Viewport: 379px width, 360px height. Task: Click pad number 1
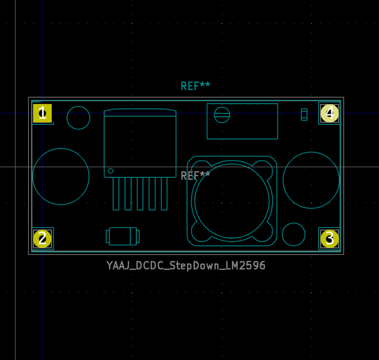pyautogui.click(x=42, y=114)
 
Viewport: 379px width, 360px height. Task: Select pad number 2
pyautogui.click(x=42, y=238)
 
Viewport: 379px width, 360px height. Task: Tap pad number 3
pyautogui.click(x=329, y=238)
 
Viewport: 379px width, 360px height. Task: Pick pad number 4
pyautogui.click(x=329, y=114)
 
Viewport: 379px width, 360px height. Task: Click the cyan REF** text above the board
pyautogui.click(x=195, y=86)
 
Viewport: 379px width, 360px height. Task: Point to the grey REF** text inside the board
pyautogui.click(x=195, y=176)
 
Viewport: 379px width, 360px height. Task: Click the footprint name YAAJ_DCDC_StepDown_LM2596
pyautogui.click(x=186, y=265)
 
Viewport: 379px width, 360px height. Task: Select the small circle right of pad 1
pyautogui.click(x=78, y=118)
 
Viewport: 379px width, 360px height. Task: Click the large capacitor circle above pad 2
pyautogui.click(x=61, y=176)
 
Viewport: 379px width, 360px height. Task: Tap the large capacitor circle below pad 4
pyautogui.click(x=311, y=180)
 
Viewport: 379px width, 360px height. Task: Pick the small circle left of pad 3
pyautogui.click(x=293, y=235)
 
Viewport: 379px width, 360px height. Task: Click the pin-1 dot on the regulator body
pyautogui.click(x=110, y=171)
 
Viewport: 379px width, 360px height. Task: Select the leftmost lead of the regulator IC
pyautogui.click(x=116, y=193)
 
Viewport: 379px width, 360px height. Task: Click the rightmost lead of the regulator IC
pyautogui.click(x=164, y=193)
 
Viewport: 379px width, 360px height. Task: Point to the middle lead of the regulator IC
pyautogui.click(x=140, y=193)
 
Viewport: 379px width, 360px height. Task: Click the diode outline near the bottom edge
pyautogui.click(x=122, y=236)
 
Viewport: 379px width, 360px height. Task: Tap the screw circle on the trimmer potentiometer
pyautogui.click(x=222, y=115)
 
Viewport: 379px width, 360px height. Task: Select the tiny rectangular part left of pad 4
pyautogui.click(x=304, y=115)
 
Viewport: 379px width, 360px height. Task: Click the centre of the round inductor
pyautogui.click(x=231, y=201)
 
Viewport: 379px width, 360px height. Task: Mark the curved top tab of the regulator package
pyautogui.click(x=140, y=112)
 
